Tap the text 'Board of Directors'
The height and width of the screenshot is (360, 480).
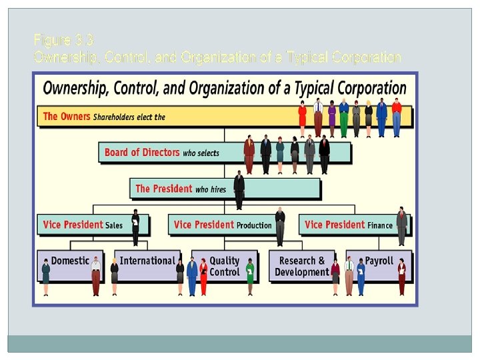pos(142,153)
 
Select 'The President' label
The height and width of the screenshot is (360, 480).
pos(164,189)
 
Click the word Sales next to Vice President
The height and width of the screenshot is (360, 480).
pos(114,225)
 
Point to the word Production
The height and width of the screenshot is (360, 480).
pos(255,225)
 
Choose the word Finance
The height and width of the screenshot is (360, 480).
pos(380,225)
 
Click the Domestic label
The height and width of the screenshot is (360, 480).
pos(70,261)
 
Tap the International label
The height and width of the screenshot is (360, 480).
pos(147,261)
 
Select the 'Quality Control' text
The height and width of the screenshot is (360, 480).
pos(224,266)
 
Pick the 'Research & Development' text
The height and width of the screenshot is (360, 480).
pos(301,266)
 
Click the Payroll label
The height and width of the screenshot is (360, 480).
pos(379,261)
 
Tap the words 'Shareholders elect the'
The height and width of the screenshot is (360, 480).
pos(129,117)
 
